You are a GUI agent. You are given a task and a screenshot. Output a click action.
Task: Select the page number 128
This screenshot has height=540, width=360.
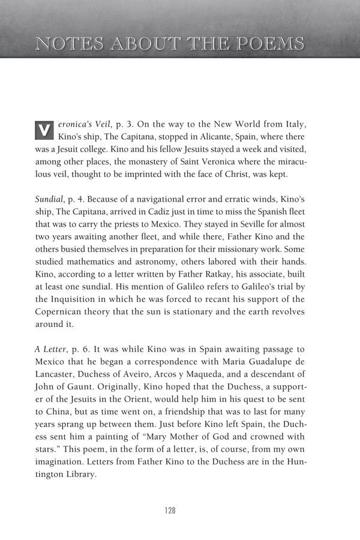click(x=170, y=510)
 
